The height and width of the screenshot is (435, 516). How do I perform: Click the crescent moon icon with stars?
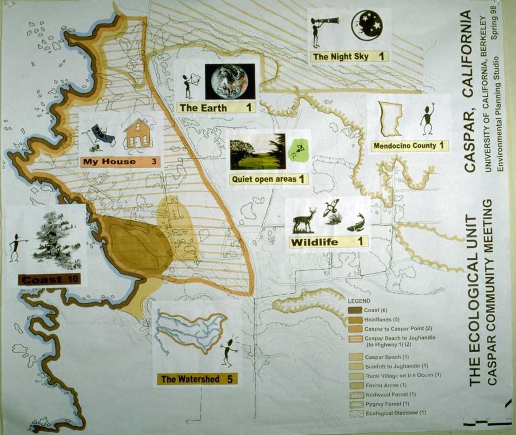click(367, 25)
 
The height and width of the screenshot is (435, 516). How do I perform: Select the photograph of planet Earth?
click(230, 81)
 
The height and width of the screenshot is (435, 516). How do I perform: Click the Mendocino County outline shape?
click(391, 119)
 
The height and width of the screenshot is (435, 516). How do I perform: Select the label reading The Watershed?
click(190, 379)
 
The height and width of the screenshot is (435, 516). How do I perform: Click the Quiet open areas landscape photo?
click(258, 152)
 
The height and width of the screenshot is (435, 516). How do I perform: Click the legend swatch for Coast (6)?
click(355, 310)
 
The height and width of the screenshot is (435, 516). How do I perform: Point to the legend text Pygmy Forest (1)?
click(387, 404)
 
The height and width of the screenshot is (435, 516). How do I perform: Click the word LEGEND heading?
click(359, 301)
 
